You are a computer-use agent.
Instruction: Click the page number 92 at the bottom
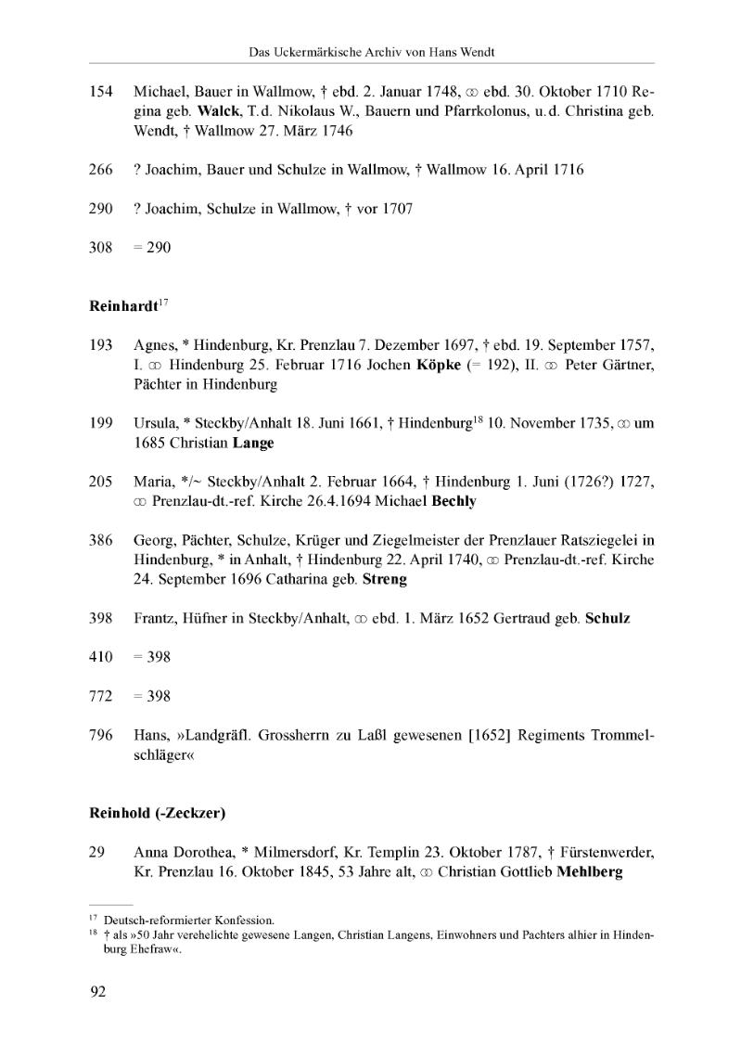[97, 992]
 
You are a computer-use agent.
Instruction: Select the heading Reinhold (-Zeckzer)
[158, 813]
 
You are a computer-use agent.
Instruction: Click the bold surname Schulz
[607, 618]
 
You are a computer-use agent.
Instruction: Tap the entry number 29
[96, 852]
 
